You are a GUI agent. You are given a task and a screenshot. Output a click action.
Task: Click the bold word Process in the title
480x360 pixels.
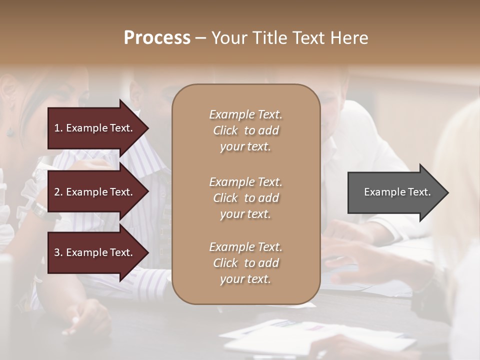(157, 38)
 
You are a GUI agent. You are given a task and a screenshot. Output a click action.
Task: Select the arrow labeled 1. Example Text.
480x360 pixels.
(95, 128)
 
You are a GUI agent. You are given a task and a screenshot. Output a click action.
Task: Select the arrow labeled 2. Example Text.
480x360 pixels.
(95, 192)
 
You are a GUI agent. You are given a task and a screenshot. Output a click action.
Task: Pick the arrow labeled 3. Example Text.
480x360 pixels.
(95, 252)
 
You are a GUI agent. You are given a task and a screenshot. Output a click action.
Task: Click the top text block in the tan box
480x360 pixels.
(245, 130)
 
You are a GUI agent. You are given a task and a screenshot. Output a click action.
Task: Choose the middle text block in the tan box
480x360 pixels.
(245, 198)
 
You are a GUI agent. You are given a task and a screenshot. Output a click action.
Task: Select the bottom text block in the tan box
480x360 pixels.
(245, 263)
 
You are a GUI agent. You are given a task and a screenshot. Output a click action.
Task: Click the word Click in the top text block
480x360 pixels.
(225, 130)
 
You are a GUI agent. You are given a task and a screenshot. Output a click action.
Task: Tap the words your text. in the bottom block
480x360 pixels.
(245, 279)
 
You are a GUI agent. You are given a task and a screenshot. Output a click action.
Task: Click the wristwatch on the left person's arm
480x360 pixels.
(39, 210)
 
